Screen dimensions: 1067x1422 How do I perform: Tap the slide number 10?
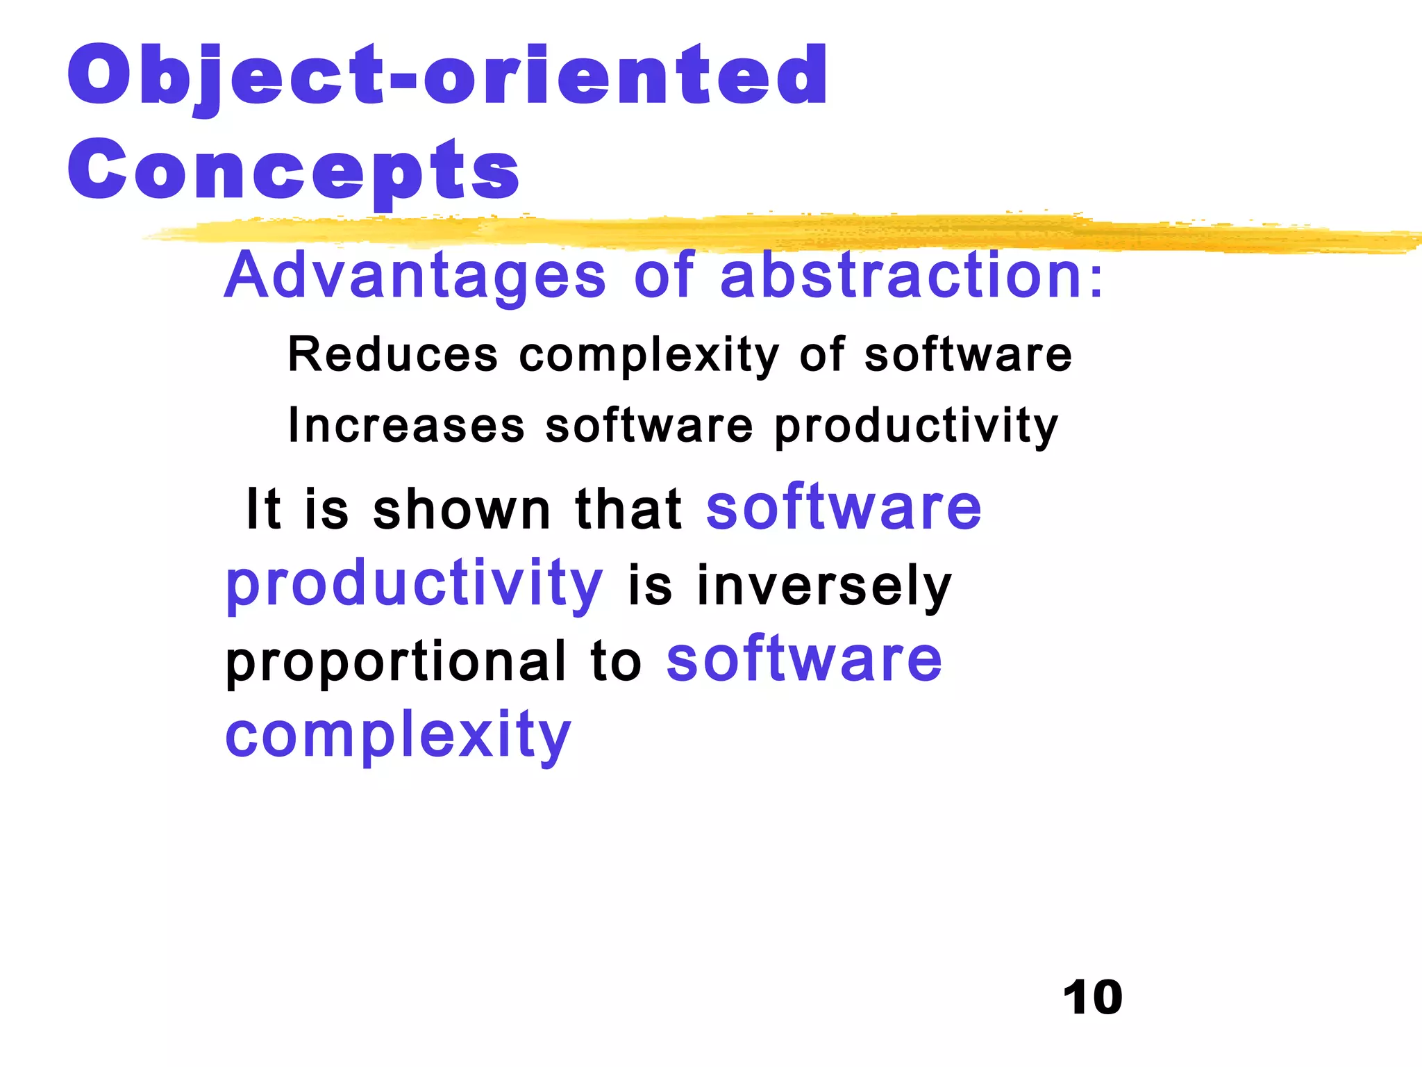click(x=1092, y=998)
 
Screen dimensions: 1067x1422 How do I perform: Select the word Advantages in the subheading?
click(x=415, y=276)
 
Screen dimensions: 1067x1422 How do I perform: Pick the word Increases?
click(x=406, y=425)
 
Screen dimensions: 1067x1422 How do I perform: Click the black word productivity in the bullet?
click(x=916, y=427)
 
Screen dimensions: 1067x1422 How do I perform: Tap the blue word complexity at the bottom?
click(x=398, y=735)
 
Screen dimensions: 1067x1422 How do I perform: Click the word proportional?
click(x=396, y=661)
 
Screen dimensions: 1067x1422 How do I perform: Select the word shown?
click(x=462, y=509)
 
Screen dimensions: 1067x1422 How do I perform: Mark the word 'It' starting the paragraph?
click(x=264, y=509)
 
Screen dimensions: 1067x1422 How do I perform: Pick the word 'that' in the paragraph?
click(x=628, y=509)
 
